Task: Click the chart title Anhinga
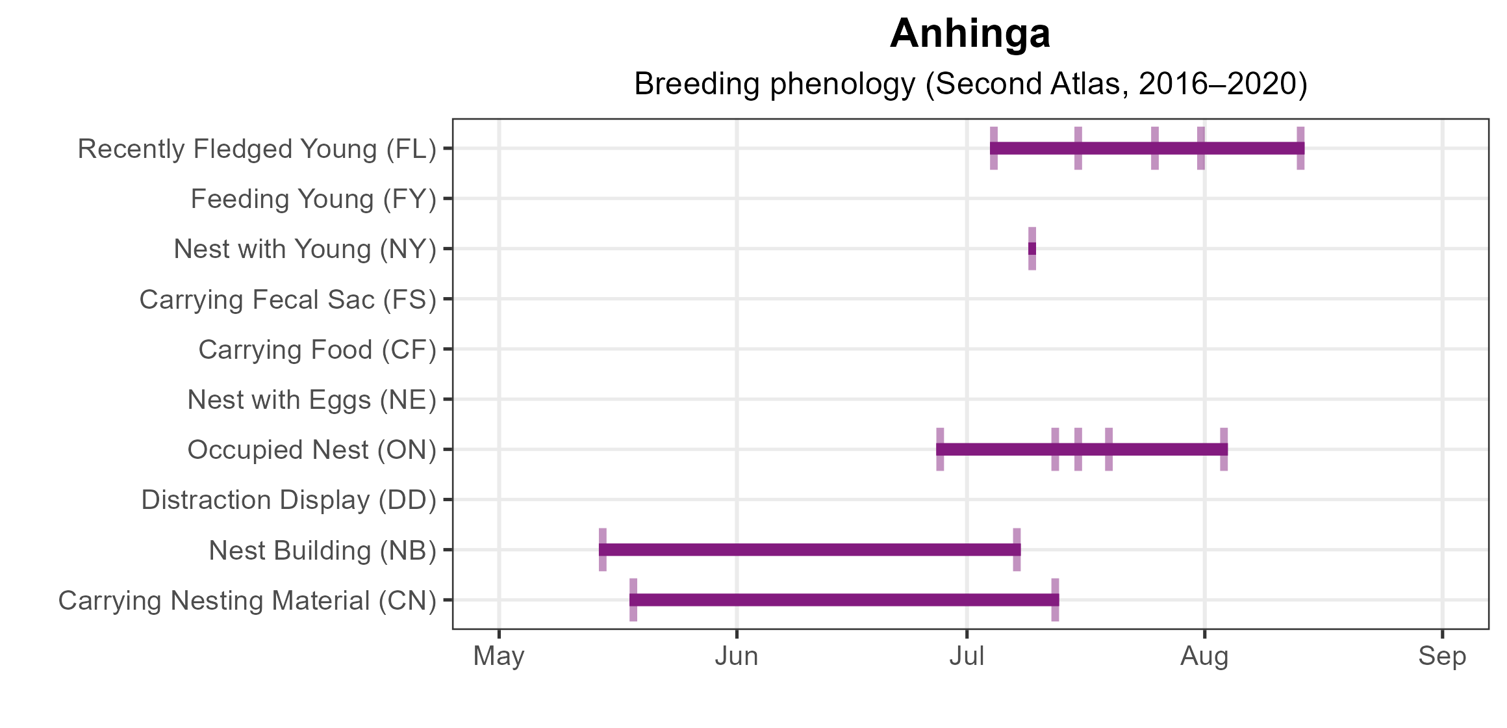970,34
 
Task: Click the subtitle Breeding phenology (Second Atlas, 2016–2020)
970,84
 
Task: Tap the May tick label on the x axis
499,656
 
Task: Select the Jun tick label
737,656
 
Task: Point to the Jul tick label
967,656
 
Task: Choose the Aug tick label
1204,656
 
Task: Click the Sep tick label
1442,656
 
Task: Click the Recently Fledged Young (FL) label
257,149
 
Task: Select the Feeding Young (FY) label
313,199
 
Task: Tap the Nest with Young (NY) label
305,249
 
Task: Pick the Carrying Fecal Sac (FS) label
288,300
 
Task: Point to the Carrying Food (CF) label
317,350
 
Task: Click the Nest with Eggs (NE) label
312,400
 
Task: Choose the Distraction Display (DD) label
288,500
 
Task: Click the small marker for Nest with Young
1032,249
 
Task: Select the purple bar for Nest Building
809,550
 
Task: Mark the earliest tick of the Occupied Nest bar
940,449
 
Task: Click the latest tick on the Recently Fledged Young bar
1300,148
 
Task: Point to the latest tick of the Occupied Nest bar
1224,449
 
